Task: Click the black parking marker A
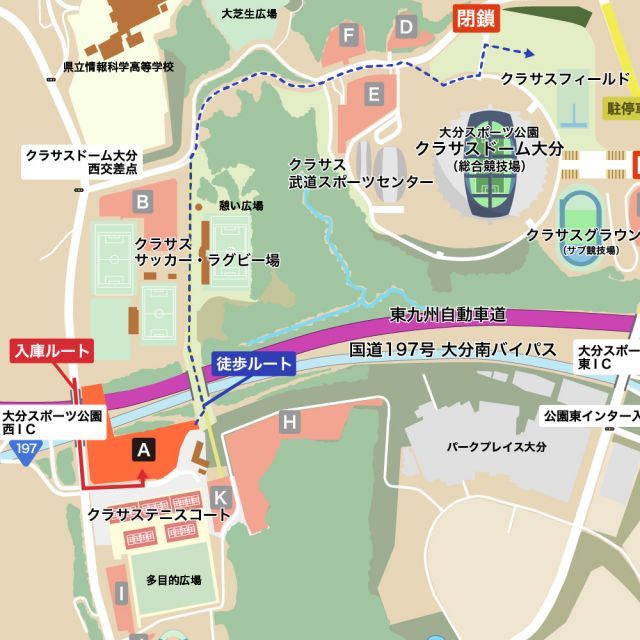point(144,449)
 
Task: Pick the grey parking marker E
point(374,95)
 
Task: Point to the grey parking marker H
point(290,422)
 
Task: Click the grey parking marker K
point(222,496)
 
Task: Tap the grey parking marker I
point(121,594)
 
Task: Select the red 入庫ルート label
point(51,351)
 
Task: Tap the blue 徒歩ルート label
point(255,364)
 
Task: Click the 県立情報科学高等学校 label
point(118,67)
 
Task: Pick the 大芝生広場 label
point(249,15)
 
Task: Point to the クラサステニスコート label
point(159,515)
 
